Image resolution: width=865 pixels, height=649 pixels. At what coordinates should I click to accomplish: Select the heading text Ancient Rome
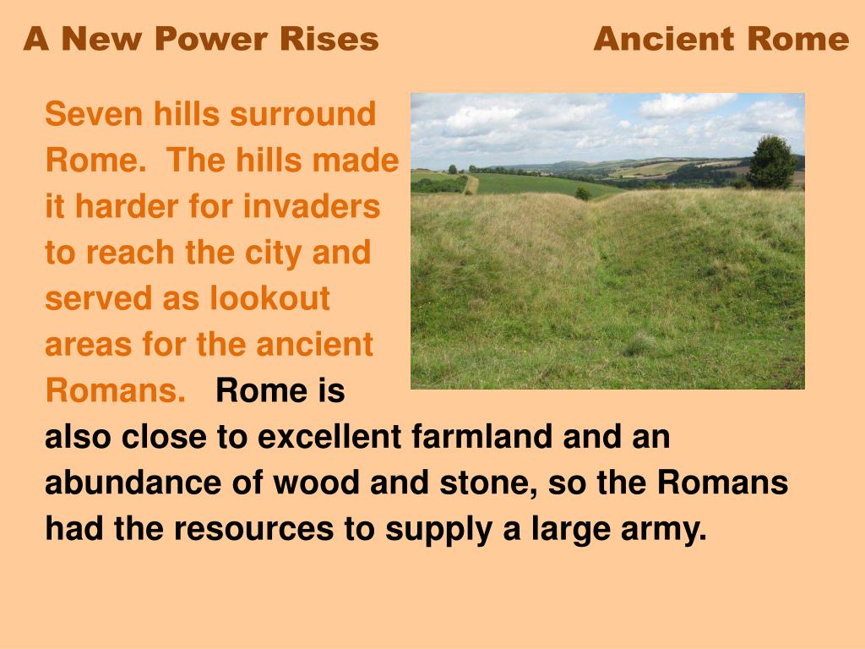(721, 39)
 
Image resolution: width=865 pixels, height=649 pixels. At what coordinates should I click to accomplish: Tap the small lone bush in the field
(583, 194)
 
